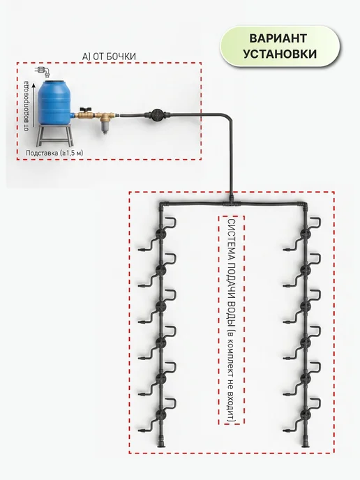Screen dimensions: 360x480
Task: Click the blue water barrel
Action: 55,102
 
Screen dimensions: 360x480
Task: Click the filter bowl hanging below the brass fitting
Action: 104,126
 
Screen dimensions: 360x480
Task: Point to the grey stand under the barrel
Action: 55,135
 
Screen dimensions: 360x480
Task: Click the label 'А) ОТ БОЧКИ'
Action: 109,57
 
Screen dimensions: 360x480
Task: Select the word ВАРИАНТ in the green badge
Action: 278,38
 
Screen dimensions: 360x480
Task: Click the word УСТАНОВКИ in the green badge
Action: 280,54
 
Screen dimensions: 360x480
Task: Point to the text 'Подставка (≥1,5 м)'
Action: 54,153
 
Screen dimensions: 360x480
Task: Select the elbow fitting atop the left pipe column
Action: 163,205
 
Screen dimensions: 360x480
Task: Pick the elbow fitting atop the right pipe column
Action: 303,205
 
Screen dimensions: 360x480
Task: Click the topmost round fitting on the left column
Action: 160,234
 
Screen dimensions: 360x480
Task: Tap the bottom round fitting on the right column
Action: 305,414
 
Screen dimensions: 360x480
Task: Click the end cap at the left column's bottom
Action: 161,443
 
